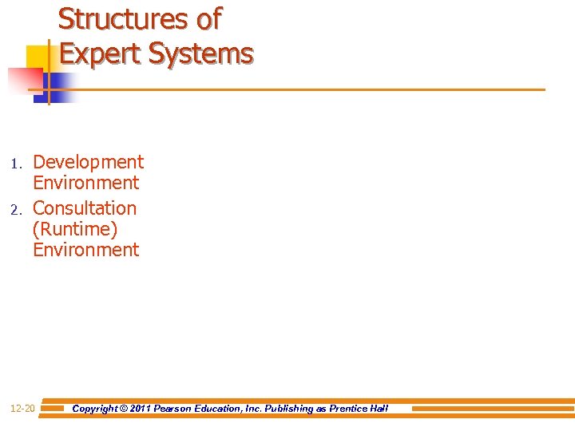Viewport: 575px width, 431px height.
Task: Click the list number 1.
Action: pyautogui.click(x=14, y=164)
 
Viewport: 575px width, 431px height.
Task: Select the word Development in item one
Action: pyautogui.click(x=88, y=162)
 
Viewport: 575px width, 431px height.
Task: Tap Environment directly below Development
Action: pyautogui.click(x=85, y=183)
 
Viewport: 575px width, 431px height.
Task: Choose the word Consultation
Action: pyautogui.click(x=85, y=208)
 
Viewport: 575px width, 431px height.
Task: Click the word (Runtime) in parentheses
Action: pyautogui.click(x=75, y=229)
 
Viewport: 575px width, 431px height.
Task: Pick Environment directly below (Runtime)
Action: pyautogui.click(x=85, y=250)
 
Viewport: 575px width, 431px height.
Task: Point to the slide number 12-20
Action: pyautogui.click(x=22, y=409)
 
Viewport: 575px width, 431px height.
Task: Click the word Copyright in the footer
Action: pyautogui.click(x=95, y=409)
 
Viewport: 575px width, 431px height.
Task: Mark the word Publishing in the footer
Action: pyautogui.click(x=286, y=409)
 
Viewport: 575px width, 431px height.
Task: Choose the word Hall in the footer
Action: pyautogui.click(x=378, y=409)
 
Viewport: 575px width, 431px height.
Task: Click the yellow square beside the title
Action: pyautogui.click(x=38, y=57)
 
